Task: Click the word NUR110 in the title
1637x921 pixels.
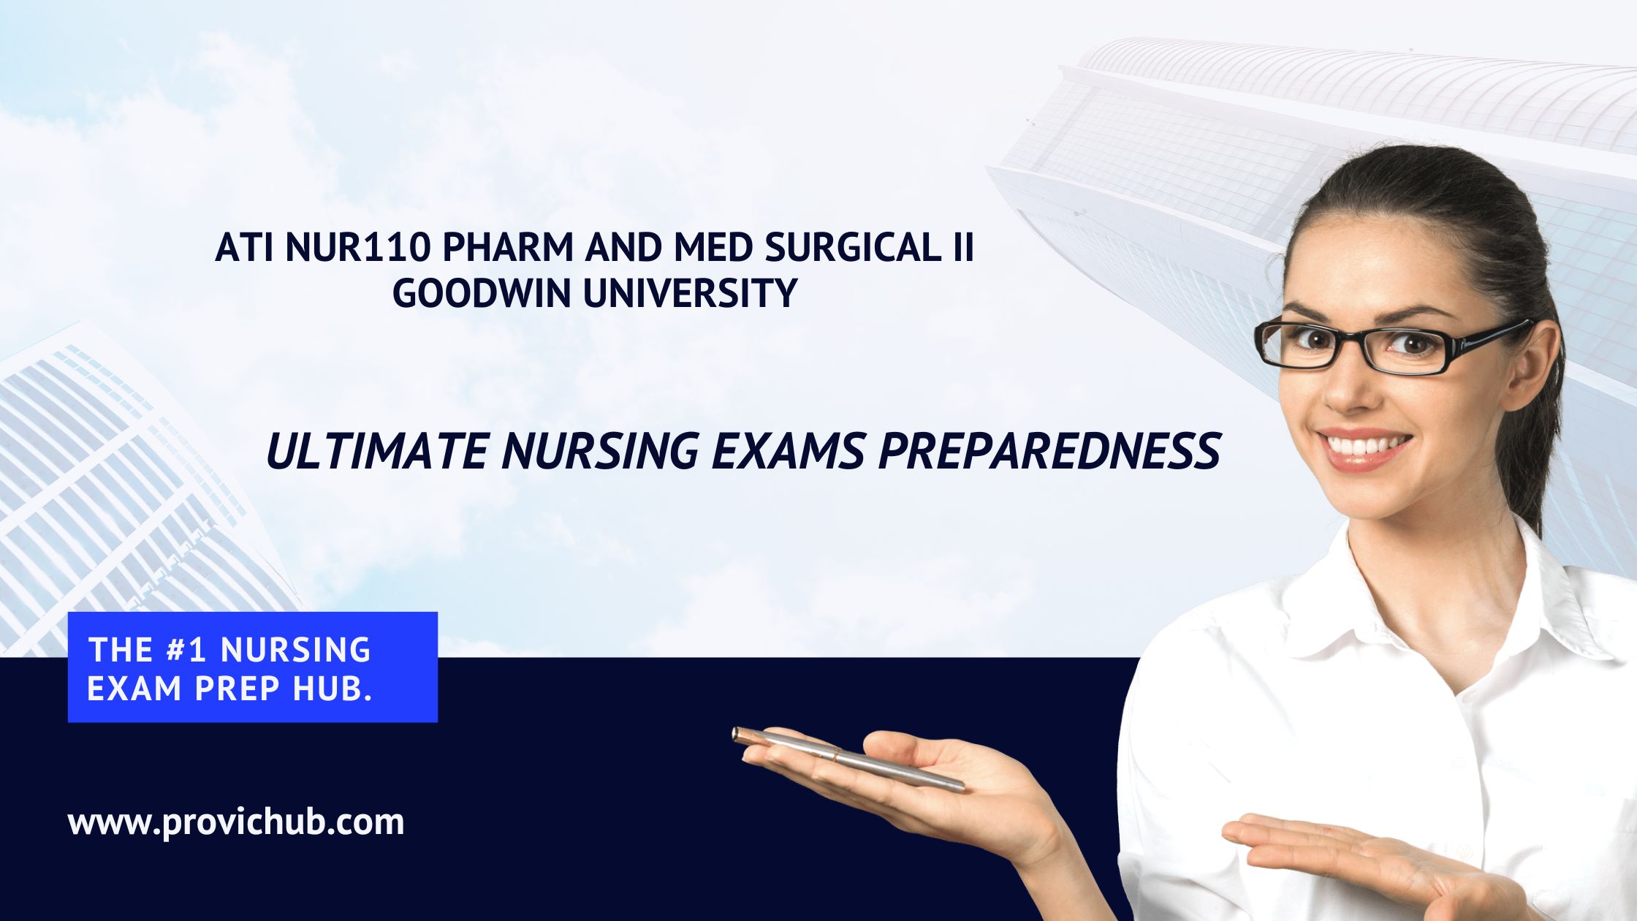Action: click(357, 248)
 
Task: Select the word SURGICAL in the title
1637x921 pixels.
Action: click(850, 248)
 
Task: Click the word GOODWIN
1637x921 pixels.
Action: click(481, 294)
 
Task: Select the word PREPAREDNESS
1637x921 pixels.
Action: click(1049, 451)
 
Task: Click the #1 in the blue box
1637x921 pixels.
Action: click(186, 650)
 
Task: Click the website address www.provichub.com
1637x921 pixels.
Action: click(236, 823)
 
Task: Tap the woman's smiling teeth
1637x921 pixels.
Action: click(1364, 444)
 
